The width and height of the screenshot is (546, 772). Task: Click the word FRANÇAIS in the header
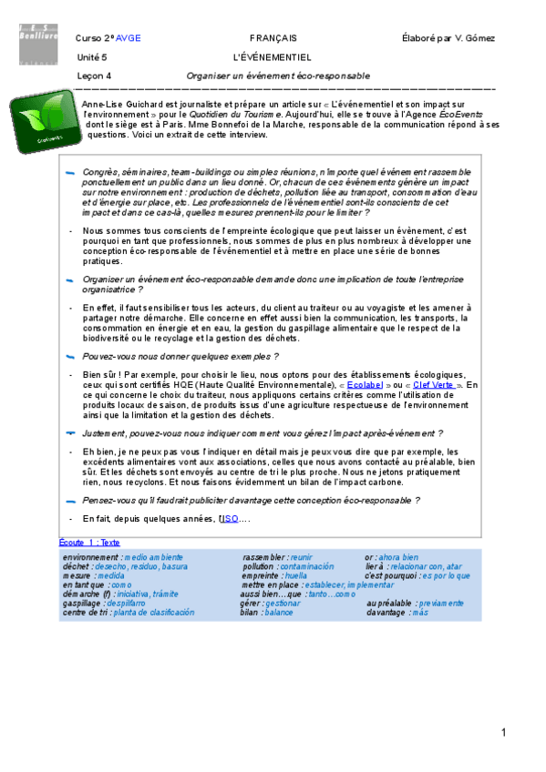273,37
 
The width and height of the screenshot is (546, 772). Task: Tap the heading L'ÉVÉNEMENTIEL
273,56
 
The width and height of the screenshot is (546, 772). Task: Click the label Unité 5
93,56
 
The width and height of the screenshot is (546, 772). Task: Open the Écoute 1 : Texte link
89,543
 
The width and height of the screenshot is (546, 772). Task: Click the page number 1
502,733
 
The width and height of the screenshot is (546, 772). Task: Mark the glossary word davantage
386,613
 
